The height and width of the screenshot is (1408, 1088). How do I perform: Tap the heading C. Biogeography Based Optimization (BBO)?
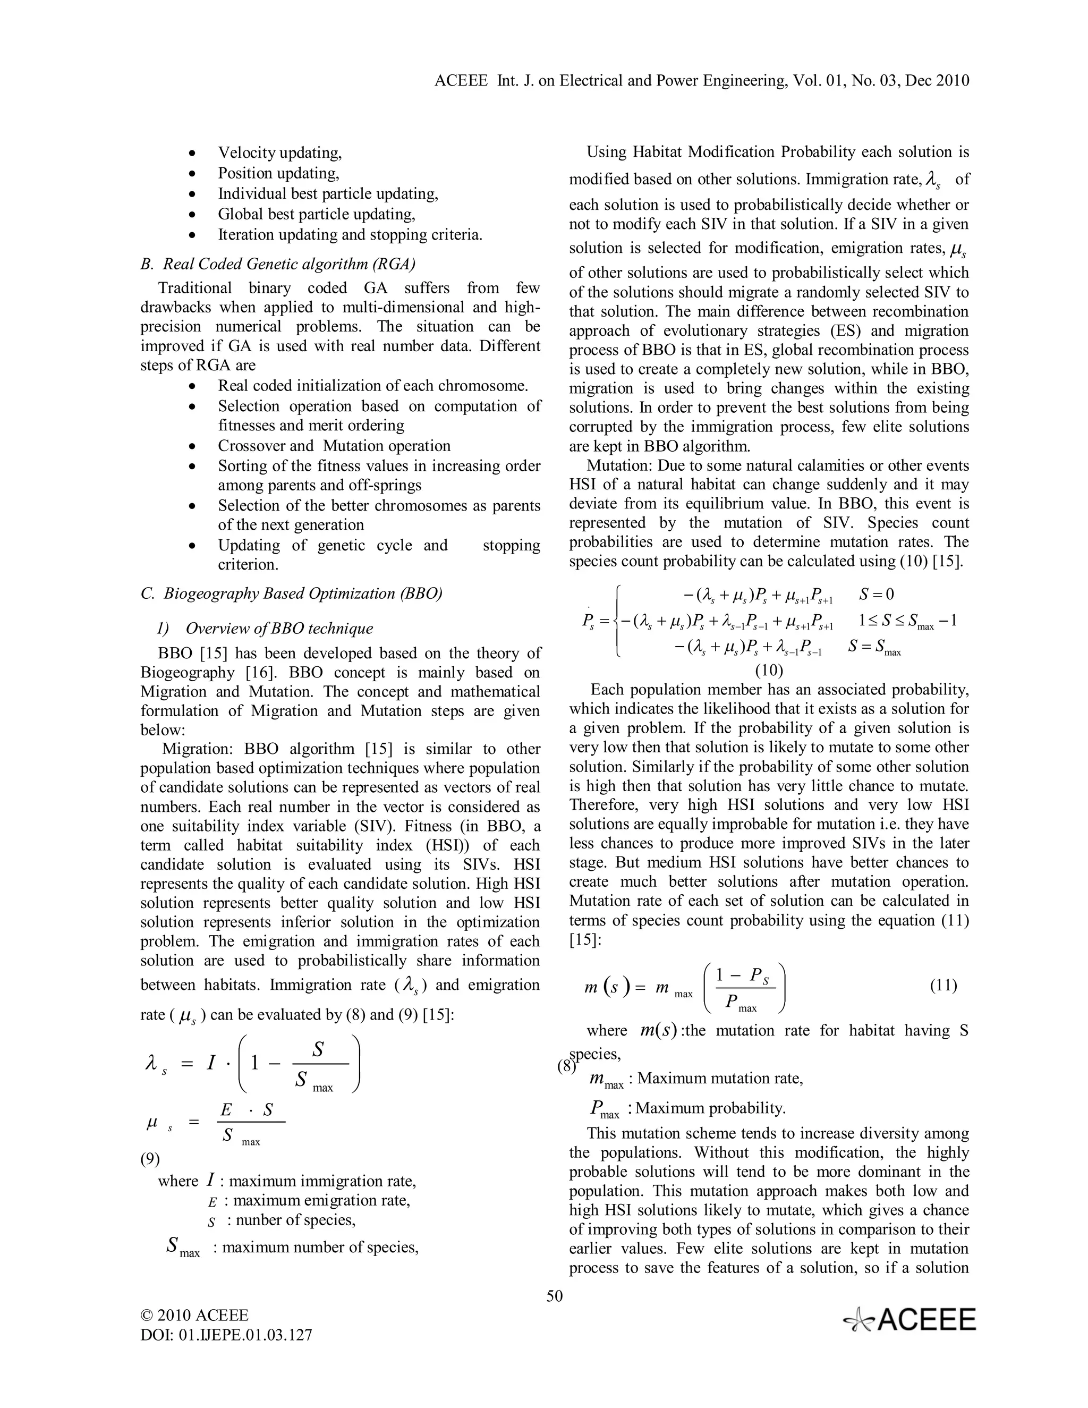(x=291, y=593)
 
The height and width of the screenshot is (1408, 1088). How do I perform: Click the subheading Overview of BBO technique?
(x=278, y=628)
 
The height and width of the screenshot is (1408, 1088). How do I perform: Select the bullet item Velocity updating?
(x=280, y=153)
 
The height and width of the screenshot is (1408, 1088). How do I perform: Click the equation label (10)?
(x=768, y=670)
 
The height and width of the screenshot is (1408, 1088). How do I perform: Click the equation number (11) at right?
(x=943, y=985)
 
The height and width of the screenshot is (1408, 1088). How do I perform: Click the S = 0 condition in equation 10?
(x=876, y=594)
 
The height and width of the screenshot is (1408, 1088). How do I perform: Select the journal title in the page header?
(x=702, y=81)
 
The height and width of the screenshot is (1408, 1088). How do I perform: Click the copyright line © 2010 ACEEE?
(x=194, y=1315)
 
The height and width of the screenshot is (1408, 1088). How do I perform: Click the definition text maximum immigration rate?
(x=322, y=1181)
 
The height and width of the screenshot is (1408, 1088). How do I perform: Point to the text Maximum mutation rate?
(x=720, y=1078)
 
